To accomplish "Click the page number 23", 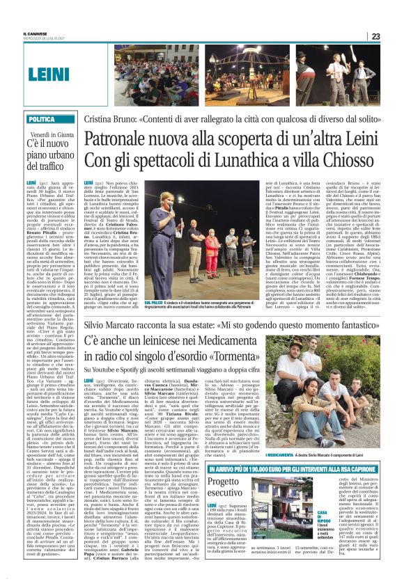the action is tap(375, 36).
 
